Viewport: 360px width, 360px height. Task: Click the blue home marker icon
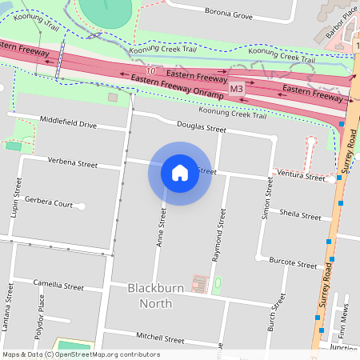(x=180, y=172)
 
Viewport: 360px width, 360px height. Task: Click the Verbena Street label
(x=72, y=164)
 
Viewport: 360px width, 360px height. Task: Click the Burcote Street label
(x=293, y=262)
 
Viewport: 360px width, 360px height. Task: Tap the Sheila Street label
(x=300, y=215)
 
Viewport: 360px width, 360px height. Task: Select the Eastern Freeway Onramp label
(x=179, y=87)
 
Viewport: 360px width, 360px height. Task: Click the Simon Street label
(x=269, y=198)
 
